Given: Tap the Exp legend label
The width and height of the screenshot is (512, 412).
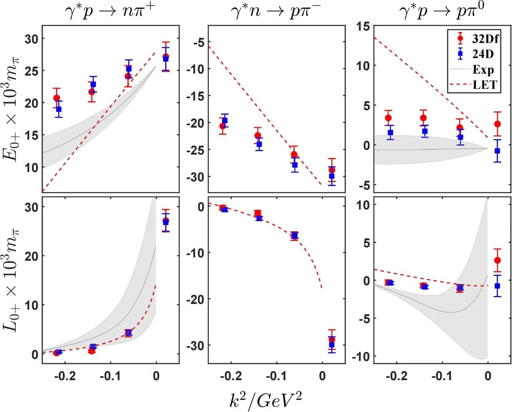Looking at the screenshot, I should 483,70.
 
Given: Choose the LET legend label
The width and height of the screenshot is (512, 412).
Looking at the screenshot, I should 484,85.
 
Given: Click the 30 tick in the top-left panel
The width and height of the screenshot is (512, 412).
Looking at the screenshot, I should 34,39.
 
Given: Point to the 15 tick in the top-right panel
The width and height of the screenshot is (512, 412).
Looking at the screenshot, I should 363,26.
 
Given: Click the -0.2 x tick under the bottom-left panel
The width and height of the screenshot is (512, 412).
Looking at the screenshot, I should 65,376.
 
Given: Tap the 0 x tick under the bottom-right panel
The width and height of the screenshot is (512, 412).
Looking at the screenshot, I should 488,376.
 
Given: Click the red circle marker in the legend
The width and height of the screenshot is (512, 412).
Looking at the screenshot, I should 460,39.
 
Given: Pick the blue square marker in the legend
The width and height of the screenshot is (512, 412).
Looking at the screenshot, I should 460,54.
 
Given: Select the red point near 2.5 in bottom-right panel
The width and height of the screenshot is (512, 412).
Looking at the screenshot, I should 497,260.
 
